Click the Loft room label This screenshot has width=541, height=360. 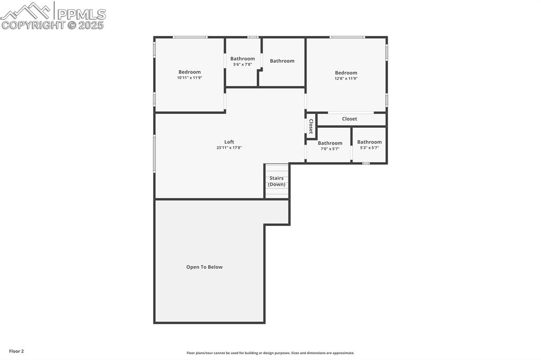point(229,141)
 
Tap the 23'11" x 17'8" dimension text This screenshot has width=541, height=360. point(229,148)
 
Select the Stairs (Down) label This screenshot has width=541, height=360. point(277,181)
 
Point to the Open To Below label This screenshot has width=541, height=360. point(204,267)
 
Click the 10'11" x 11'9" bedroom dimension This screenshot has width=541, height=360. point(190,78)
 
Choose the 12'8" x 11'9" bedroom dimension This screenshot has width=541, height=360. point(346,79)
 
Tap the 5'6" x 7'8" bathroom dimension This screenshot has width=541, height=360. point(242,64)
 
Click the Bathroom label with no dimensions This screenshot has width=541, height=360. point(282,61)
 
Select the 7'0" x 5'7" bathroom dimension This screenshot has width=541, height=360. point(330,149)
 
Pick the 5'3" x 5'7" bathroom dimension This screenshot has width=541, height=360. point(369,148)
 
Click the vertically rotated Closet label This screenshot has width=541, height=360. point(311,126)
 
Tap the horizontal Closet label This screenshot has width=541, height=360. point(350,119)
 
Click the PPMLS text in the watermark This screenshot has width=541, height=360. point(81,14)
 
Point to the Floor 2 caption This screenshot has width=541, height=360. point(16,352)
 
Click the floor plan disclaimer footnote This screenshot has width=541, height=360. point(270,353)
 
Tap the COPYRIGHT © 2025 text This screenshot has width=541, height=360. point(52,25)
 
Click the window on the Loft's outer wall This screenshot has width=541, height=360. point(154,154)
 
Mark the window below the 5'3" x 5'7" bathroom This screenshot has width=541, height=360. point(366,163)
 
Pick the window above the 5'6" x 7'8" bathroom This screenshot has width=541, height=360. point(253,37)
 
